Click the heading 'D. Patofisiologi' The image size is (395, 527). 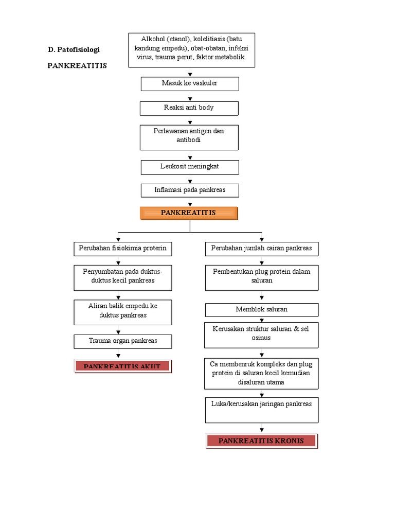click(74, 49)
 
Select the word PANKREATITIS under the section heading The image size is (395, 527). click(77, 66)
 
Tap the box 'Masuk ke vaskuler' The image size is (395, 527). click(189, 84)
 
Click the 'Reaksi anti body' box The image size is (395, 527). click(189, 108)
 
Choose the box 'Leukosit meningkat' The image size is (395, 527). click(189, 167)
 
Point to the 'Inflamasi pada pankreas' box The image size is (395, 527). click(189, 190)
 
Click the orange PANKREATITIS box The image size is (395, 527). click(189, 213)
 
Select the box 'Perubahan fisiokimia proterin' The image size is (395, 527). click(122, 249)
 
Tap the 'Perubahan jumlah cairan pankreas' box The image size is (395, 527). click(262, 249)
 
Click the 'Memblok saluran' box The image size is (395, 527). click(262, 310)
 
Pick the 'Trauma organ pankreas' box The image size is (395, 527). click(122, 341)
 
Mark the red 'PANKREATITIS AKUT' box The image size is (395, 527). click(122, 366)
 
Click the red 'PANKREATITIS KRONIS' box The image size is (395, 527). click(262, 441)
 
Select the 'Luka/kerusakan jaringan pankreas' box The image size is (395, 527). click(262, 410)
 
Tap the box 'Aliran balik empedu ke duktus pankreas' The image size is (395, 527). click(122, 312)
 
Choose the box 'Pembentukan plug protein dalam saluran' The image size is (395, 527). click(262, 277)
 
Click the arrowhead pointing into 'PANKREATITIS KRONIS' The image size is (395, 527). click(262, 429)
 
